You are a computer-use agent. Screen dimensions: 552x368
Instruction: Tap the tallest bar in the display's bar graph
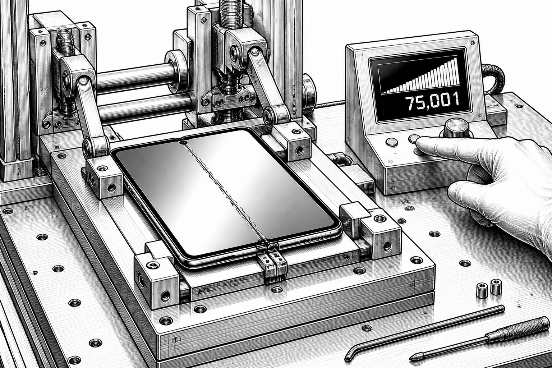456,74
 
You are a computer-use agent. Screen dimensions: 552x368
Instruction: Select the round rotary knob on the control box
457,127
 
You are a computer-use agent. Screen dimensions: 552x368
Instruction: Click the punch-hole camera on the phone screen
183,142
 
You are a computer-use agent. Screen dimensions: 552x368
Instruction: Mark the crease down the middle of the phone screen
225,192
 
